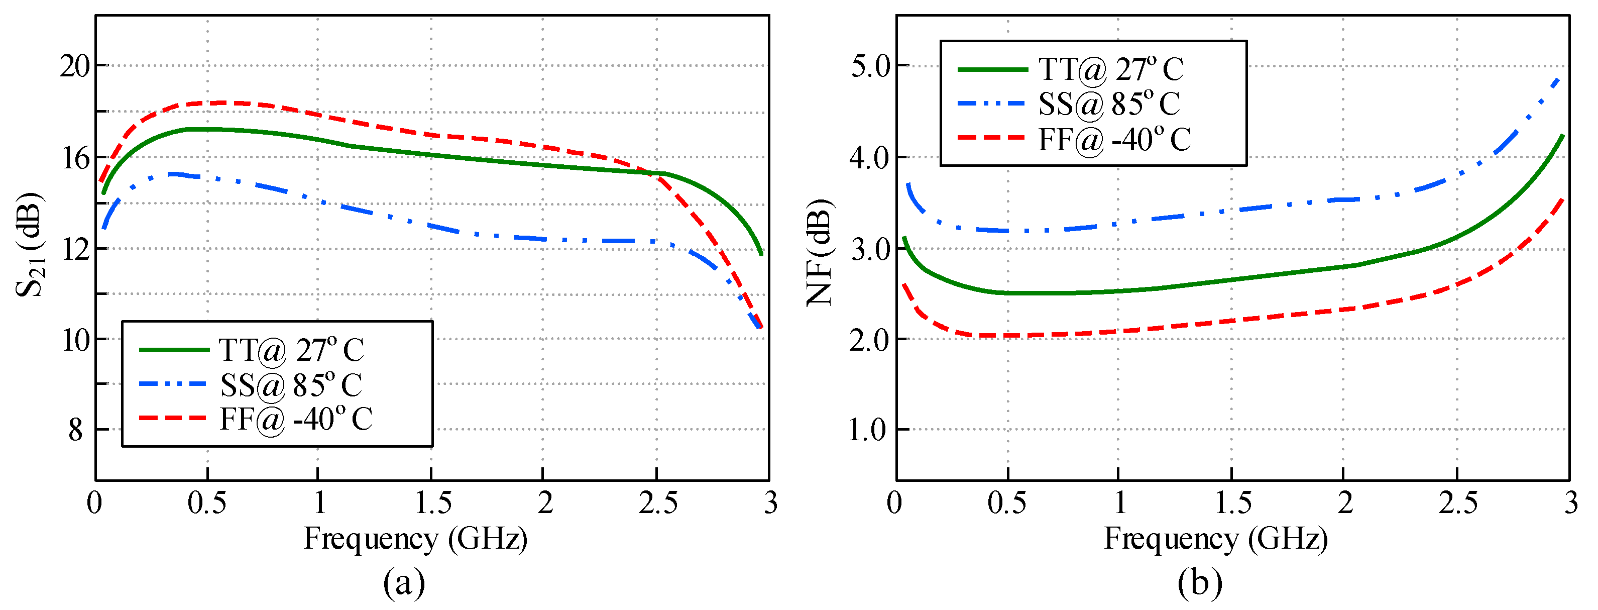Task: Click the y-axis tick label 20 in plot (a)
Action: pos(74,66)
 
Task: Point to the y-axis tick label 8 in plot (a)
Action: pos(76,430)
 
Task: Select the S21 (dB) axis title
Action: pos(30,245)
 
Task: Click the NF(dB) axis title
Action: pos(820,253)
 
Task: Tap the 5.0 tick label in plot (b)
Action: pos(870,66)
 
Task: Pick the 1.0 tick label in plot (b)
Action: pos(868,430)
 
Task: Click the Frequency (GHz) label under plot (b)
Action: pos(1215,538)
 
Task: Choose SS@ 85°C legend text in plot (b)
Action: pos(1109,104)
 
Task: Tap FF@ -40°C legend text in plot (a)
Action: pos(296,419)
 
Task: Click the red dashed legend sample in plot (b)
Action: pos(991,137)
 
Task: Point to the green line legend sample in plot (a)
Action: pos(174,350)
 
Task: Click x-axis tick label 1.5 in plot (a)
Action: pos(432,502)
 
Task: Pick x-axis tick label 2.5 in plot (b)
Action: pos(1458,502)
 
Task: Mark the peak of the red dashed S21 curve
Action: pos(220,103)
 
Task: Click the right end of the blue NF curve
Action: pos(1558,79)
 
